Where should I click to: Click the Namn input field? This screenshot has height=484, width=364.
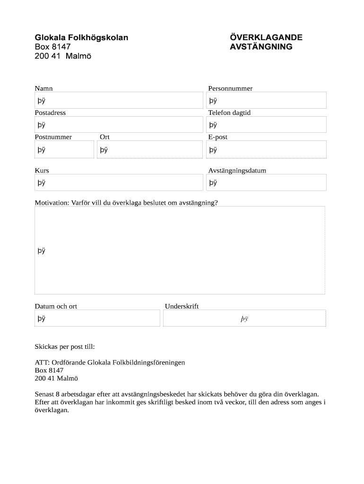coord(118,100)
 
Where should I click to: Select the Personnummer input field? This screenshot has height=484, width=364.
coord(266,100)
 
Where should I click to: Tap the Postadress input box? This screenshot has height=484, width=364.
coord(118,125)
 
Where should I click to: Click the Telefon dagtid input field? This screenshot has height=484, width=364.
coord(266,125)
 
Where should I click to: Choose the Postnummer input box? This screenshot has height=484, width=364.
coord(64,150)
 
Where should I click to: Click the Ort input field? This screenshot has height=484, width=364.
coord(149,150)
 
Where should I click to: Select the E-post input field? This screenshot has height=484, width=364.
coord(266,150)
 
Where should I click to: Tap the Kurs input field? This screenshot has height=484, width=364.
coord(118,182)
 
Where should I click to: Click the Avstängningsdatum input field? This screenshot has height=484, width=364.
coord(266,182)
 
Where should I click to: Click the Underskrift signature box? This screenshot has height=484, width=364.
coord(244,318)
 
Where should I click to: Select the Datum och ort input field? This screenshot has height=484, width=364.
coord(97,318)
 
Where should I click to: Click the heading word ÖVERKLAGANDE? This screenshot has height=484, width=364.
coord(266,37)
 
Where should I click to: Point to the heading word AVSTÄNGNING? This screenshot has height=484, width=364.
coord(261,47)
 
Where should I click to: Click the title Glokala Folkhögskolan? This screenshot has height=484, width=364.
coord(81,37)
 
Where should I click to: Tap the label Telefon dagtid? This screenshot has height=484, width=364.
coord(229,113)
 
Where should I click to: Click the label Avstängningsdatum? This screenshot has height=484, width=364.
coord(237,171)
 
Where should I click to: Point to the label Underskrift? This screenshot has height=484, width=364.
coord(182,306)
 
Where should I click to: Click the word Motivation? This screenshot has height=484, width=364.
coord(51,203)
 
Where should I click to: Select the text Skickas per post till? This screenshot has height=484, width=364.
coord(65,346)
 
